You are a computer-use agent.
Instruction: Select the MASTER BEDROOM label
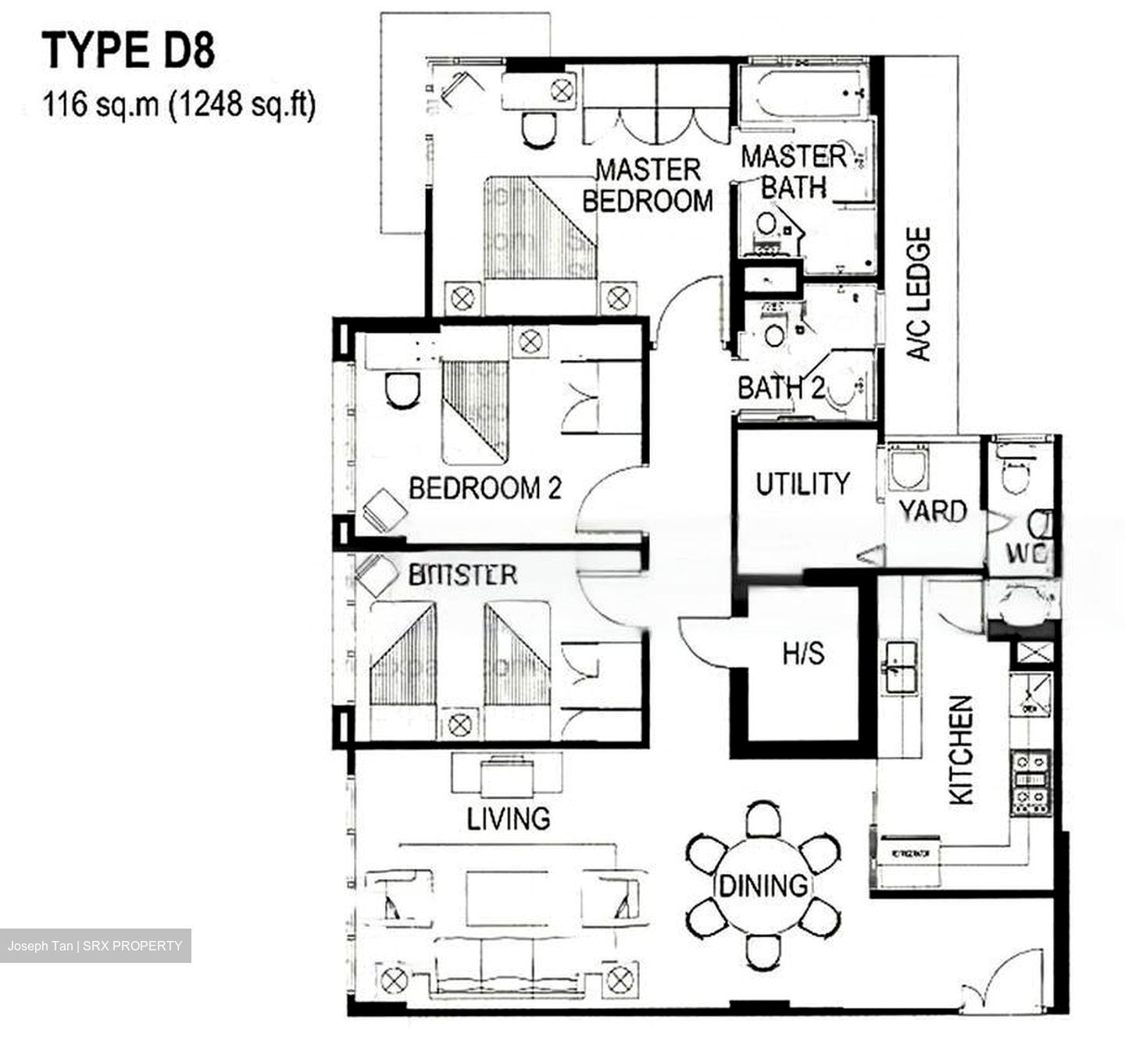pyautogui.click(x=648, y=185)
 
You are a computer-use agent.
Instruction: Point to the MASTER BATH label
pyautogui.click(x=794, y=172)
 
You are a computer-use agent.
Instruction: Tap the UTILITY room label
pyautogui.click(x=802, y=484)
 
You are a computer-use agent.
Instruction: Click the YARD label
pyautogui.click(x=933, y=511)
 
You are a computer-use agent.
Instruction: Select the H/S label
pyautogui.click(x=804, y=653)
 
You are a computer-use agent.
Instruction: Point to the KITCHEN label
pyautogui.click(x=961, y=750)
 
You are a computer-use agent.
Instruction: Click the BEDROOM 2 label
pyautogui.click(x=485, y=489)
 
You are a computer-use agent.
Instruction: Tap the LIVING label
pyautogui.click(x=509, y=818)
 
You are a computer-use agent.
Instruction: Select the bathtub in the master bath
pyautogui.click(x=802, y=94)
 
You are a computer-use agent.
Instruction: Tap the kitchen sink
pyautogui.click(x=900, y=668)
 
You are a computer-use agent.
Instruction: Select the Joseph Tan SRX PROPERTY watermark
pyautogui.click(x=95, y=946)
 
